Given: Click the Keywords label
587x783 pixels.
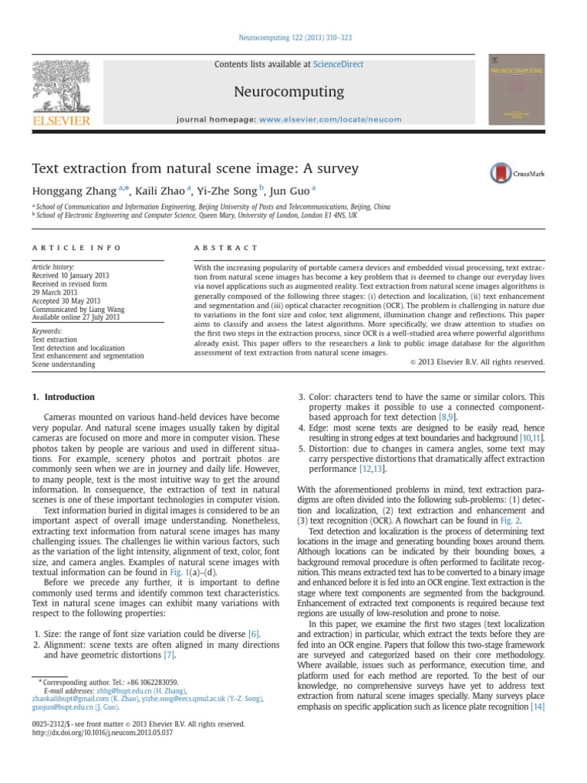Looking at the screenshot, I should pyautogui.click(x=47, y=331).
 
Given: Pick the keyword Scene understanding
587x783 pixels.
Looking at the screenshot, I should pyautogui.click(x=63, y=365).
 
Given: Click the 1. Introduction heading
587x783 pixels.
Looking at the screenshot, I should pyautogui.click(x=63, y=398).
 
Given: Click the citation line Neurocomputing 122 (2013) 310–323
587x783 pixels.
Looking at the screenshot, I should pyautogui.click(x=293, y=37).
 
